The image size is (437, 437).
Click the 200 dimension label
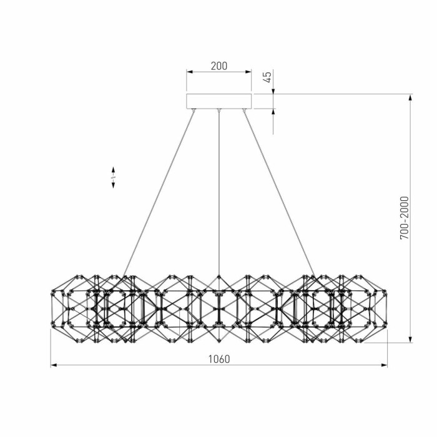(x=219, y=66)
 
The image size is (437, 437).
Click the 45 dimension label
(x=267, y=77)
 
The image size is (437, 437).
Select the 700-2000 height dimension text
(x=405, y=218)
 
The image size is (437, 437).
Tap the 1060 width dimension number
(x=219, y=359)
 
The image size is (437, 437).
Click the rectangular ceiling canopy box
(x=219, y=101)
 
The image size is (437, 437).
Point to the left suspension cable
(x=159, y=194)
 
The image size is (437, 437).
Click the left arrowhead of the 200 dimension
(x=190, y=72)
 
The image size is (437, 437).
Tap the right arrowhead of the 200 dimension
(x=248, y=72)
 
